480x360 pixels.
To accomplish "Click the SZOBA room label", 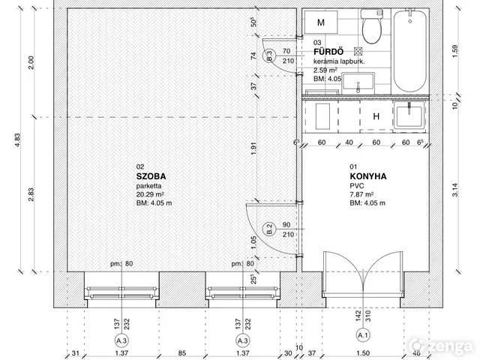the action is point(151,176).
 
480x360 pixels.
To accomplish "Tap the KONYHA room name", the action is point(368,176).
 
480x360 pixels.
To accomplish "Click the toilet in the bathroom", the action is point(372,27).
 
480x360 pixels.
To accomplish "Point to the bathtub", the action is point(410,50).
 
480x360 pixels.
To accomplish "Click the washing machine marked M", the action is point(321,22).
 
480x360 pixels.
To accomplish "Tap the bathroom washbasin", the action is point(358,83).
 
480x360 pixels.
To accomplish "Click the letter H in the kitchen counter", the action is point(376,116).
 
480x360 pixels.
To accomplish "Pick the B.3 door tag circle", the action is point(269,55).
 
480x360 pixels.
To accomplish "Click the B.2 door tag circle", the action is point(269,229).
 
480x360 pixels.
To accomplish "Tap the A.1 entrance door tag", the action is point(363,335).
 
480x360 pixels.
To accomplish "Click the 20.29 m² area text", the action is point(150,194).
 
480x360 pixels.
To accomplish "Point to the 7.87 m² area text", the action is point(361,194).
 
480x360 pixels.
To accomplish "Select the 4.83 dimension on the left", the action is point(17,140).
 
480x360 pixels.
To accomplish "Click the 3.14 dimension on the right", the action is point(455,190).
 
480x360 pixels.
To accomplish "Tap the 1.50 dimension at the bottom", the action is point(363,353).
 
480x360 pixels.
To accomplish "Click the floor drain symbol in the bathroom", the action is point(358,52).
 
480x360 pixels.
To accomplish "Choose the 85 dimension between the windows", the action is point(182,353).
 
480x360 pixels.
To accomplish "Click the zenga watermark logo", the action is point(442,346).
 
